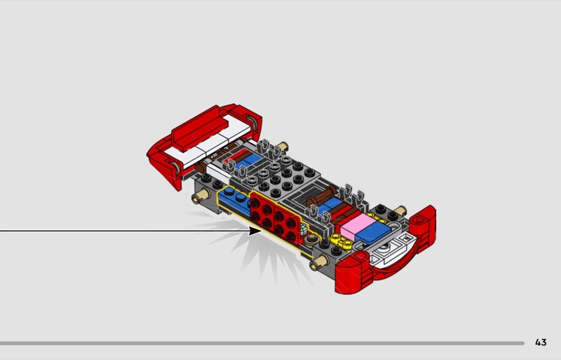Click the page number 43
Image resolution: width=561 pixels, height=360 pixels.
click(x=541, y=342)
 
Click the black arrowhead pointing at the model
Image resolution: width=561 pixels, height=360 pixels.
click(x=255, y=231)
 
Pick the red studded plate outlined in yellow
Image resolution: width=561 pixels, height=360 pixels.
click(x=275, y=216)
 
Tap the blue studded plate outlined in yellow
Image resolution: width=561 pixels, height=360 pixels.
click(x=235, y=200)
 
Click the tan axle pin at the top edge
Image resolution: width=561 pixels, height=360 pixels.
click(x=283, y=146)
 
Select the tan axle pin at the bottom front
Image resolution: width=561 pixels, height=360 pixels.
click(x=319, y=262)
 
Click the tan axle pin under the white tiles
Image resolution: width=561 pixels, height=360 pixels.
click(x=200, y=196)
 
